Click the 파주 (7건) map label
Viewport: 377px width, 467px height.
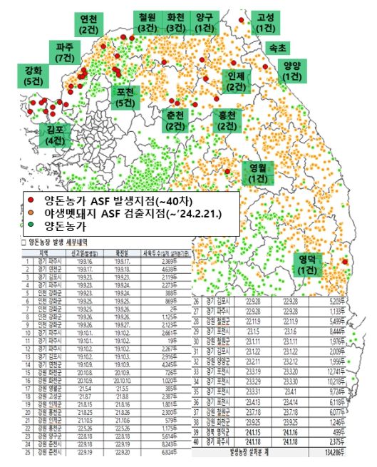point(65,52)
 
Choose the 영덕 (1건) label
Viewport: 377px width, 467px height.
point(309,263)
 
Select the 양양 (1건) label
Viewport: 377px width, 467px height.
point(291,71)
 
